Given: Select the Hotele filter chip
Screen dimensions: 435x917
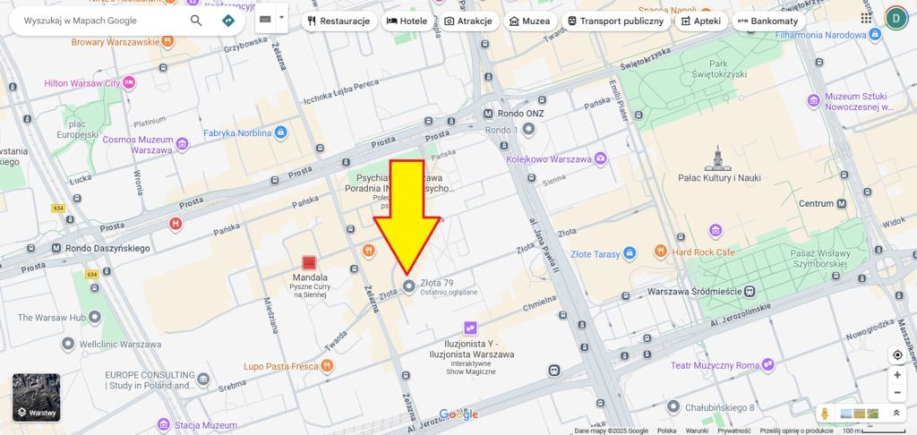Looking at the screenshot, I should pos(407,20).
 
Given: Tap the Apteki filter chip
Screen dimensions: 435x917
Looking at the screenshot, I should pos(700,20).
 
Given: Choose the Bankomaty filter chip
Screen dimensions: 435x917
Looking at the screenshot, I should pos(768,20).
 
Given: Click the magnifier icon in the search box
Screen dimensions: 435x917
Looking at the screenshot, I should pos(196,20).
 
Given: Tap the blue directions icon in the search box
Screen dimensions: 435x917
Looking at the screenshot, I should pos(228,20).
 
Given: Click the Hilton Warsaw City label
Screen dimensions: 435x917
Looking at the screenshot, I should pos(81,83).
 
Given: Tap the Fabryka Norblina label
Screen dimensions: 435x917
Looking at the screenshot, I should pos(236,132).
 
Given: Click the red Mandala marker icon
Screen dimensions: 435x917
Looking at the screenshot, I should pos(309,262).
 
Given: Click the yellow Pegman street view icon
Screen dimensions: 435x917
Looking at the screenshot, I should pos(825,414).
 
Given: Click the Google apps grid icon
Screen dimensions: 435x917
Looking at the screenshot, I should pos(866,18).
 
